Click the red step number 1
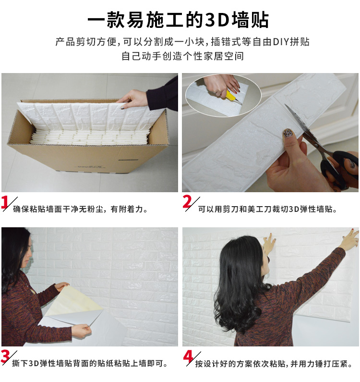[4, 202]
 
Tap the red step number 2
[187, 202]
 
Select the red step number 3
[5, 357]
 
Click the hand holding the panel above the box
[132, 99]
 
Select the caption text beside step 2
[267, 209]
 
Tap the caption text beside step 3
[90, 364]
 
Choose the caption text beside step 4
[274, 364]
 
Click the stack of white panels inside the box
[89, 137]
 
